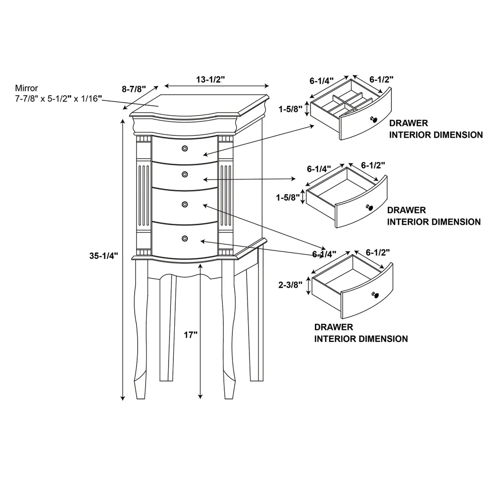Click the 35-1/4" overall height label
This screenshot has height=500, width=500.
pyautogui.click(x=103, y=256)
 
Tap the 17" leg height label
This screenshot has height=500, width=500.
pyautogui.click(x=190, y=335)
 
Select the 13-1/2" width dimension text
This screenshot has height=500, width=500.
pyautogui.click(x=210, y=80)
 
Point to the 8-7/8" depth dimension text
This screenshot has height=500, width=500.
pyautogui.click(x=134, y=89)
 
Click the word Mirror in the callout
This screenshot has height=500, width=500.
pyautogui.click(x=26, y=88)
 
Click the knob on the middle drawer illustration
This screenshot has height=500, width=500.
pyautogui.click(x=369, y=207)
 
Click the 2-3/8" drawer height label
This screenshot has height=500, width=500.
pyautogui.click(x=290, y=285)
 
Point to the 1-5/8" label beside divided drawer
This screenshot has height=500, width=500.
pyautogui.click(x=290, y=109)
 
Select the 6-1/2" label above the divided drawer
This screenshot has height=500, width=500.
pyautogui.click(x=381, y=80)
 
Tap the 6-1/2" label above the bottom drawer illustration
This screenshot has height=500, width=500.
pyautogui.click(x=378, y=252)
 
